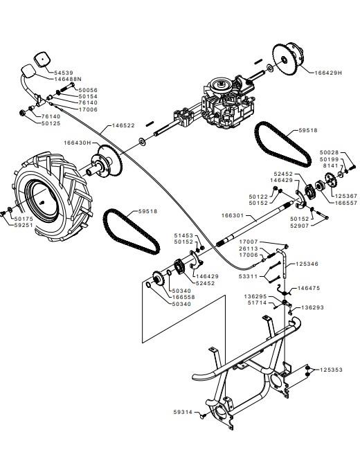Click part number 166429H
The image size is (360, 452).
(x=328, y=73)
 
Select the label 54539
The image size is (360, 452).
(x=64, y=73)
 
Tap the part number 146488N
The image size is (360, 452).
(x=68, y=79)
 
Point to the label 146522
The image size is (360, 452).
(x=123, y=125)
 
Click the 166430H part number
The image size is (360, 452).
(x=78, y=143)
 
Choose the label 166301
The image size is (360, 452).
(x=233, y=215)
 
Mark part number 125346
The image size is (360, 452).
(x=307, y=264)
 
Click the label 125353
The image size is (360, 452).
(x=331, y=370)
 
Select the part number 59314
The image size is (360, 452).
(x=183, y=412)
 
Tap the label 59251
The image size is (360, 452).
(x=24, y=225)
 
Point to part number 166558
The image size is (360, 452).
(x=183, y=297)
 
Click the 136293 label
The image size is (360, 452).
(x=312, y=307)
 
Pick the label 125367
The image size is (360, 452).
(x=346, y=196)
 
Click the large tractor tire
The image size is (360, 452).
(x=53, y=197)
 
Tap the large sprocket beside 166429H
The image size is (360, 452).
(x=285, y=60)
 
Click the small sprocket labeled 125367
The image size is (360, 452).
(x=331, y=180)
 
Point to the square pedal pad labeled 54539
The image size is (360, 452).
(x=43, y=60)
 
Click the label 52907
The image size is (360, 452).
(x=300, y=226)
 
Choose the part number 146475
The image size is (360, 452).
(x=309, y=288)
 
